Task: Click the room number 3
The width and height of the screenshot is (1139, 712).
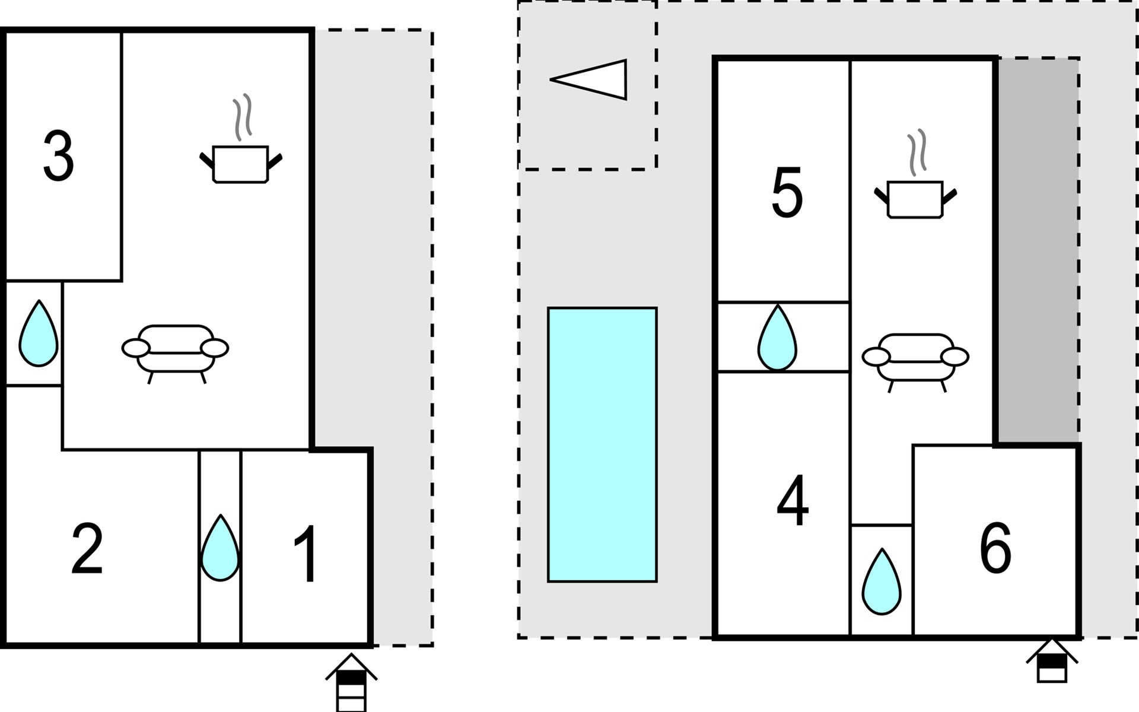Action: (59, 156)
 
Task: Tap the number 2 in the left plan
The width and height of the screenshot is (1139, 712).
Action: (87, 549)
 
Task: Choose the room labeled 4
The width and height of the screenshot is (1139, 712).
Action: (793, 501)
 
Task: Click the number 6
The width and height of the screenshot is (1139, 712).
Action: (995, 548)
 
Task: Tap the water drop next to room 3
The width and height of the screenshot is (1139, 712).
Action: (39, 333)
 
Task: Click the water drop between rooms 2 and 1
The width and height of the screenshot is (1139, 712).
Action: (220, 548)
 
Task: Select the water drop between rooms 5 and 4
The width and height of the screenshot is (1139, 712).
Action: (777, 338)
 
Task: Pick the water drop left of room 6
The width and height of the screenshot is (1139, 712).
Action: (882, 581)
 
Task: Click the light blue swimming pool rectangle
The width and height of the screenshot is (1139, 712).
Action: (602, 444)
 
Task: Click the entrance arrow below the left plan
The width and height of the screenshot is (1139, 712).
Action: (351, 682)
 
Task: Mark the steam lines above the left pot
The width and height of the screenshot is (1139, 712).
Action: (243, 117)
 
